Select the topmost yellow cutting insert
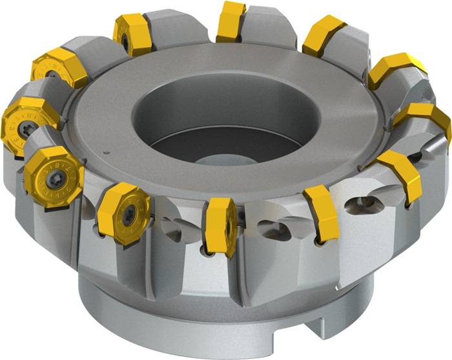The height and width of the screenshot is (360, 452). coord(231,21)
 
